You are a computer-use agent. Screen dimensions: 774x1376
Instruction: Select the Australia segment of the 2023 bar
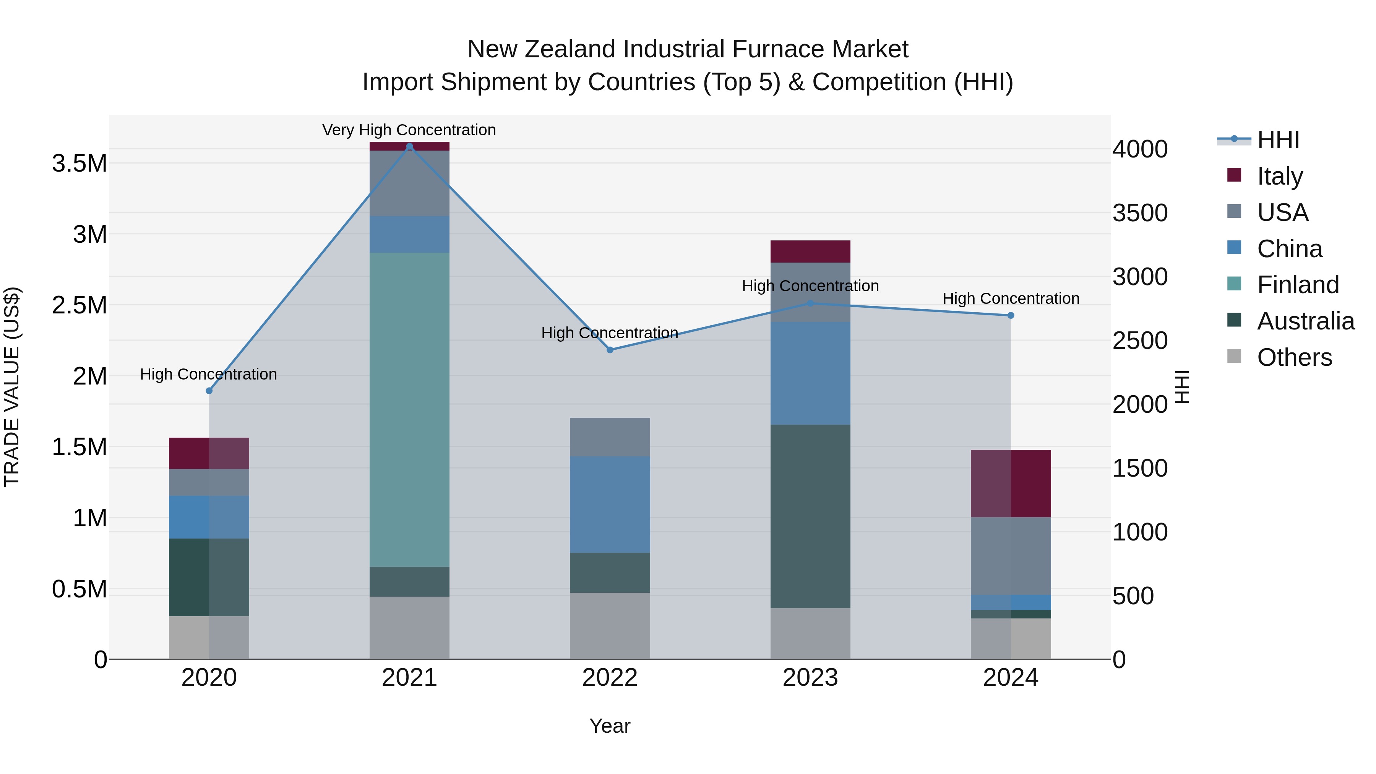pos(810,516)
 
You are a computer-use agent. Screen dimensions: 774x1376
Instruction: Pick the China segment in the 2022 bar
pos(610,504)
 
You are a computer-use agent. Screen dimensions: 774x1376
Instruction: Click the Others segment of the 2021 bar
pos(409,627)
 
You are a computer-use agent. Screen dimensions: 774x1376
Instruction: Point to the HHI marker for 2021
pos(409,146)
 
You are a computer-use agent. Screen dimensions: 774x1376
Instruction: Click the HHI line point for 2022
pos(610,350)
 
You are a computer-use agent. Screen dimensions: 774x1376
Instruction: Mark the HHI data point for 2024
pos(1010,316)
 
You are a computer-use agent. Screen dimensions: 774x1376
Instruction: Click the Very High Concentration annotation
pos(409,130)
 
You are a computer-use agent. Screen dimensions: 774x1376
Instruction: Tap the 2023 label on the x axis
pos(810,678)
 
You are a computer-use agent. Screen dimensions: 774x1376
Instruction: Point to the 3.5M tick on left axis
pos(80,164)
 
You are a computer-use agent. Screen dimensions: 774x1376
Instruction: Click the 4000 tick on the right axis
pos(1139,149)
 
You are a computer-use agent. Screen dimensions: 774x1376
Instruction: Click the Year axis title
pos(610,726)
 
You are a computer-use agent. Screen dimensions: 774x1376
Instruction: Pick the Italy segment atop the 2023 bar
pos(810,251)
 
